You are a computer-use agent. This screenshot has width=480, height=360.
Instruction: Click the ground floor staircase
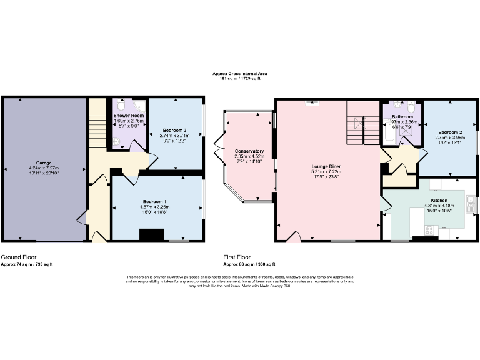pyautogui.click(x=96, y=125)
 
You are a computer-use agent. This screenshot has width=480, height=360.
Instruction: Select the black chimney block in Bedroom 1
pyautogui.click(x=151, y=235)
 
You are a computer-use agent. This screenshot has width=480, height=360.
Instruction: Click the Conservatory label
pyautogui.click(x=249, y=151)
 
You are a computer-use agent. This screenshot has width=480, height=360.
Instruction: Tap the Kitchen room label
pyautogui.click(x=439, y=199)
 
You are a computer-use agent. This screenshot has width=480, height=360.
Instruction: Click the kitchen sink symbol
pyautogui.click(x=471, y=204)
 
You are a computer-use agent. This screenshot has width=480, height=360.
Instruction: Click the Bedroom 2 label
pyautogui.click(x=450, y=132)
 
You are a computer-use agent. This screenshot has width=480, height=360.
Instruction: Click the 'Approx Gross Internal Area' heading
pyautogui.click(x=240, y=74)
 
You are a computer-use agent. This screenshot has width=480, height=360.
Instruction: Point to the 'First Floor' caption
pyautogui.click(x=237, y=257)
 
